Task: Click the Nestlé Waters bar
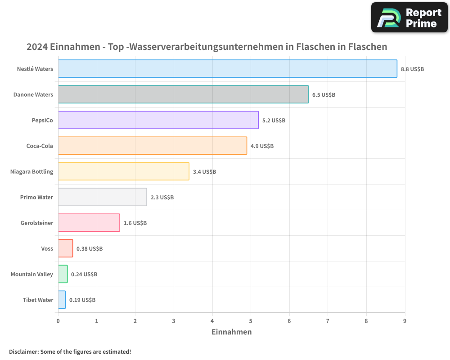click(227, 69)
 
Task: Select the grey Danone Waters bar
click(183, 94)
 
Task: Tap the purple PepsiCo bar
click(158, 120)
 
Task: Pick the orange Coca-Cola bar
click(152, 146)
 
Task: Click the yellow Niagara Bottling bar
click(123, 171)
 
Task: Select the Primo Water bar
click(102, 197)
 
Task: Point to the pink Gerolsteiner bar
click(89, 223)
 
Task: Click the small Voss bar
click(65, 248)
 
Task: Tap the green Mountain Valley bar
click(63, 274)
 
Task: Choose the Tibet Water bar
click(62, 300)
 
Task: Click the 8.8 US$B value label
click(412, 69)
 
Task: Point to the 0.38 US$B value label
click(90, 249)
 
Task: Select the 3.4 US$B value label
click(204, 172)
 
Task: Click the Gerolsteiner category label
click(37, 223)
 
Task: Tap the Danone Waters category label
click(33, 95)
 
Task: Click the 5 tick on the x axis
click(251, 321)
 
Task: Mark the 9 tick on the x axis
click(405, 321)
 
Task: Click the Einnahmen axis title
click(231, 332)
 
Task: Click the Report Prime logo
click(409, 18)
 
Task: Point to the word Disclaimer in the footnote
click(23, 352)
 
